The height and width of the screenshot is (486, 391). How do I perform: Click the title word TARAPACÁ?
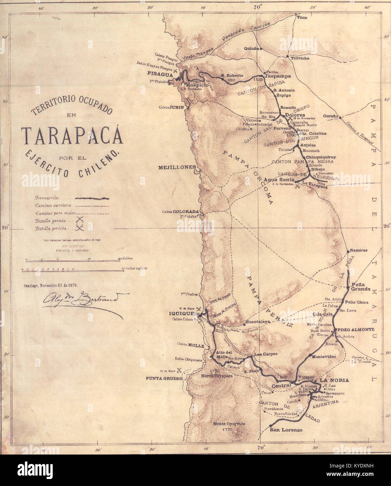tap(72, 136)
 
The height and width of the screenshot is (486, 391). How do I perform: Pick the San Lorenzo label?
tap(286, 430)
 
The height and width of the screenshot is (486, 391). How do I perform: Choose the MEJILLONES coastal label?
tap(177, 167)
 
